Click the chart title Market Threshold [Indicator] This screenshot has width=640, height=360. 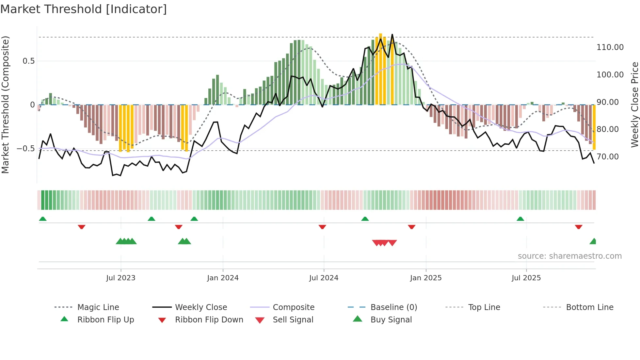(84, 9)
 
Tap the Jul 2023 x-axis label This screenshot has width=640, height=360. (120, 278)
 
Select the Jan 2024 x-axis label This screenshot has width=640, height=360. (223, 278)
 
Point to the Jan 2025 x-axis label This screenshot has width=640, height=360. (426, 278)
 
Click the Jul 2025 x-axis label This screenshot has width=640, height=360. (526, 278)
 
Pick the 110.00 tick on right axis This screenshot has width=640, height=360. (610, 47)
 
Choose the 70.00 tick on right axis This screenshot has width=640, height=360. (608, 157)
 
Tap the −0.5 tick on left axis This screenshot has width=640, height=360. (25, 149)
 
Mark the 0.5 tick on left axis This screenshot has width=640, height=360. (28, 61)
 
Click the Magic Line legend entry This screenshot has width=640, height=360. (98, 307)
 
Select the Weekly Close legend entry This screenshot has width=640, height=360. (201, 307)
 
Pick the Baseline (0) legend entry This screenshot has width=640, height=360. (393, 307)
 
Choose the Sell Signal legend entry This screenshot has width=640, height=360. (293, 320)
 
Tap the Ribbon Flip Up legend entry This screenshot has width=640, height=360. (105, 320)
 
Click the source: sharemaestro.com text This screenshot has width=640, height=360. (569, 256)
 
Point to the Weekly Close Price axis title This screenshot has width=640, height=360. (634, 105)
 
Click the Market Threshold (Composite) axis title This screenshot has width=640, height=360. (5, 105)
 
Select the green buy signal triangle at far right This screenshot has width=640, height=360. (593, 242)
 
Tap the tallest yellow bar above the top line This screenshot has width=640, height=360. (380, 69)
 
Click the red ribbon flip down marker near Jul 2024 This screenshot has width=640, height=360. (322, 227)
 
